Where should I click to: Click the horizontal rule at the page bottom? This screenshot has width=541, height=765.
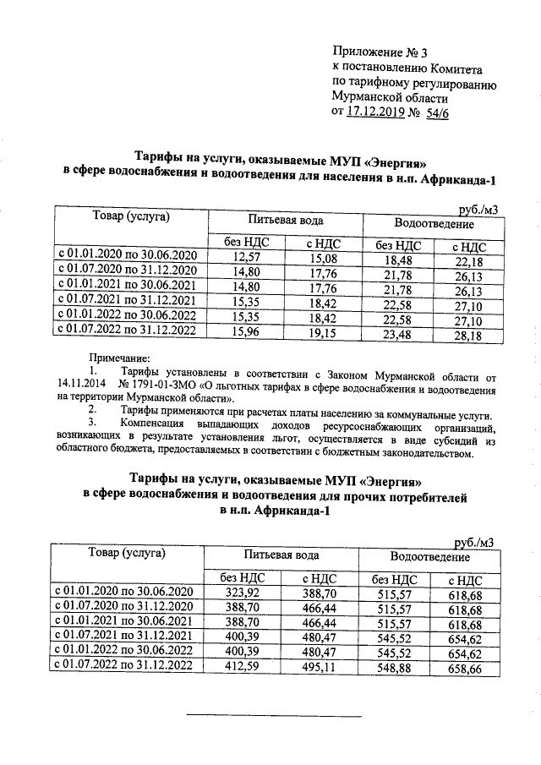[272, 717]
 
